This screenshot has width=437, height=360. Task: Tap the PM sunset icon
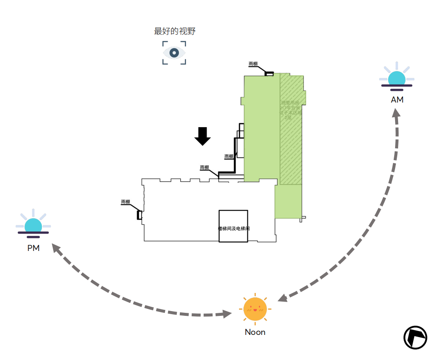click(x=33, y=225)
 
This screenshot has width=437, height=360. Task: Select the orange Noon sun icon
click(x=255, y=309)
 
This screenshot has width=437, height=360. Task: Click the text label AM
click(x=397, y=100)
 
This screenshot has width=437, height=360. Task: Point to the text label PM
click(x=33, y=248)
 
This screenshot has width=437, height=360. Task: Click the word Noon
click(x=255, y=332)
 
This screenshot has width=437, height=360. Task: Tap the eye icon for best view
click(x=174, y=53)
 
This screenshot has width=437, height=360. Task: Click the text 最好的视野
click(x=175, y=31)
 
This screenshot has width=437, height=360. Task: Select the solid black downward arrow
click(x=202, y=136)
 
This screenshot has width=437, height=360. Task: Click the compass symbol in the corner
click(x=415, y=337)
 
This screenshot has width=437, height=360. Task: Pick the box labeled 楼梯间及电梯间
click(x=233, y=226)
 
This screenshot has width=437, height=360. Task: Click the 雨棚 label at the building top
click(x=253, y=64)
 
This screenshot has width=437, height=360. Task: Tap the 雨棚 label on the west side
click(x=125, y=202)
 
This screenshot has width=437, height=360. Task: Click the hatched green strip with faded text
click(x=291, y=130)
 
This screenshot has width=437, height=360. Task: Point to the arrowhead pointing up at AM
click(x=395, y=113)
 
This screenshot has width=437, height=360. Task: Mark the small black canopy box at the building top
click(x=269, y=74)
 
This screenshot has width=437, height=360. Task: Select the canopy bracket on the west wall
click(x=139, y=215)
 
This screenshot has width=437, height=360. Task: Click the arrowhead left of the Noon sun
click(x=228, y=314)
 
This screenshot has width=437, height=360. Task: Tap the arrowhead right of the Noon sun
click(x=282, y=298)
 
